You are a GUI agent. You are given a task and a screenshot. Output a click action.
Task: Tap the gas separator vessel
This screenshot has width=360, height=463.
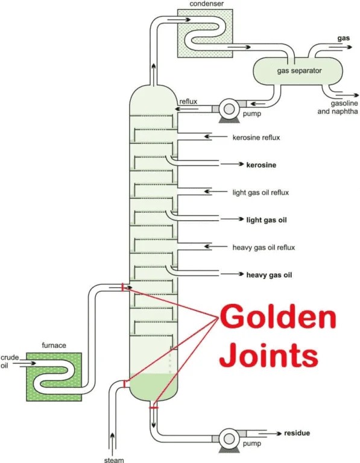point(299,72)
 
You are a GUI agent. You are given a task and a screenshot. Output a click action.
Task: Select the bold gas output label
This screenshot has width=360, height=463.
point(344,38)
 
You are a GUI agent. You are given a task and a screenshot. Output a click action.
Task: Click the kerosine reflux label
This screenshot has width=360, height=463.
point(256,137)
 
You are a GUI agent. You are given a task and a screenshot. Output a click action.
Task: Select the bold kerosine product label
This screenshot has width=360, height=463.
point(265,164)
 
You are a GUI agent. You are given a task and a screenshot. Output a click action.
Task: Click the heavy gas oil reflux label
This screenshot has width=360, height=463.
point(262,247)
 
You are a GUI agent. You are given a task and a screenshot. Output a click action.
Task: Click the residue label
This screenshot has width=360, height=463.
point(297,433)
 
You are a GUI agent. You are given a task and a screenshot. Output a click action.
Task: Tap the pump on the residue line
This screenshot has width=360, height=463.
point(229,437)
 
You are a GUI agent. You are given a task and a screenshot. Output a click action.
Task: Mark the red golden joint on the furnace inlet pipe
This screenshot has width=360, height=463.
point(122,288)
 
